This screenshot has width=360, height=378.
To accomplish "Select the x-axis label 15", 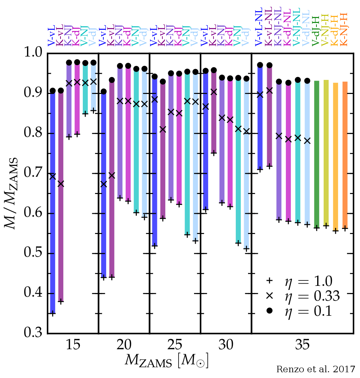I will [73, 345].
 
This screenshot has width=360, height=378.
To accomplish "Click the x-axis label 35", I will [302, 345].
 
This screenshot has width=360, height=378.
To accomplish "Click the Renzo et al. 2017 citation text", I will [315, 369].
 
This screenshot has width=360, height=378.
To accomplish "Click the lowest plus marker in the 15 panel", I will [53, 314].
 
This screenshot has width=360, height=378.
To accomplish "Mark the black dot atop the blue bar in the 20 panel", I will [104, 92].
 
